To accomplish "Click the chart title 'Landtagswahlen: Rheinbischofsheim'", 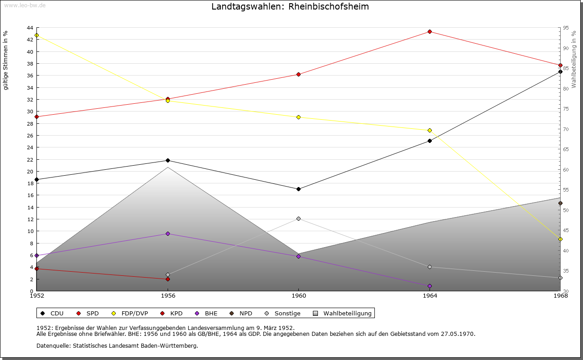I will [x=290, y=7].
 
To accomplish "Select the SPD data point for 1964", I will [x=430, y=31].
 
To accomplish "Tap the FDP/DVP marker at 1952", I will [x=36, y=35].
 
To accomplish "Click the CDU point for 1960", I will [x=298, y=189].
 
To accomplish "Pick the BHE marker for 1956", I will [x=168, y=233].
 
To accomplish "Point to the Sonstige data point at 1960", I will [x=298, y=218].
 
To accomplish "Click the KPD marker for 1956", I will [x=168, y=279].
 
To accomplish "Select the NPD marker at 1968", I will [x=560, y=203].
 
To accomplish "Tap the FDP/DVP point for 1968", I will [x=560, y=239].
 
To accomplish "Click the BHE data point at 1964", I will [x=430, y=286].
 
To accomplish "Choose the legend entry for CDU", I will [x=52, y=313].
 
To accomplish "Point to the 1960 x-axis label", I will [x=298, y=296].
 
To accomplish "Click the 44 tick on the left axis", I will [x=30, y=28].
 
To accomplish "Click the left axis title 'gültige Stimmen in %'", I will [x=6, y=60].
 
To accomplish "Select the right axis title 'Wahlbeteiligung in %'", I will [x=574, y=59].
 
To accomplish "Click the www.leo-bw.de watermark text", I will [x=24, y=5].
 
